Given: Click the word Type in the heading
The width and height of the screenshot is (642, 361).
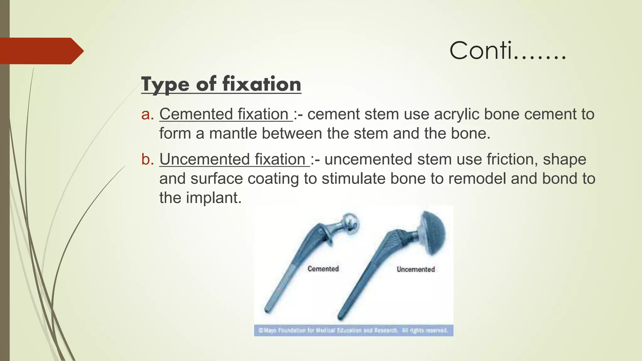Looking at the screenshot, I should pyautogui.click(x=165, y=85).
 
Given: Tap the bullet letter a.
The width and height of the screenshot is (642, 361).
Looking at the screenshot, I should pyautogui.click(x=147, y=114).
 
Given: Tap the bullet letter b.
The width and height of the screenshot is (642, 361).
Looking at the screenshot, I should pyautogui.click(x=147, y=160).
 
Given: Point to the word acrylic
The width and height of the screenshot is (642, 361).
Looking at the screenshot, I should pyautogui.click(x=456, y=114).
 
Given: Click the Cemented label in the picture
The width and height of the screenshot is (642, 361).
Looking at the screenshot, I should pyautogui.click(x=323, y=269).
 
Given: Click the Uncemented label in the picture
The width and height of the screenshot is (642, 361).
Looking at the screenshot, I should pyautogui.click(x=416, y=269).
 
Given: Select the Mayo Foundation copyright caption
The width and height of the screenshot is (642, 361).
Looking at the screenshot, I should pyautogui.click(x=353, y=330).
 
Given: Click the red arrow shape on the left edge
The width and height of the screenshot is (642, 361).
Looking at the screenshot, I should pyautogui.click(x=41, y=51).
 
